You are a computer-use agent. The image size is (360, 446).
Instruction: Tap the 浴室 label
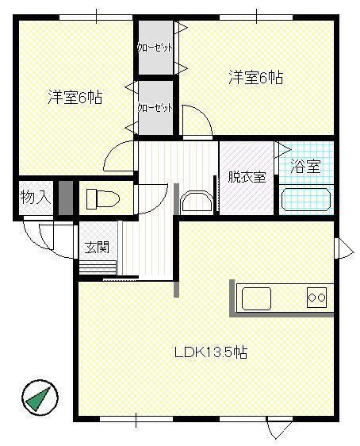(305, 167)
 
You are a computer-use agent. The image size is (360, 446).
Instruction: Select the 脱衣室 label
(246, 177)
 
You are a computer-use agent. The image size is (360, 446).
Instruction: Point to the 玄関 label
(98, 247)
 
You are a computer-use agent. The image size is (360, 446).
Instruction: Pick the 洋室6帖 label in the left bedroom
(75, 98)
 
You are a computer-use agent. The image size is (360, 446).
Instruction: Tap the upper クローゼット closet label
(155, 48)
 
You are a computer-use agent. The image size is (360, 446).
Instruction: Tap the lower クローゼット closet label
(155, 107)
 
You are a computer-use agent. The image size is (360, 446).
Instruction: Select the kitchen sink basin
(262, 298)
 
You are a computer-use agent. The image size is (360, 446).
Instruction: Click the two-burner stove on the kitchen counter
(317, 298)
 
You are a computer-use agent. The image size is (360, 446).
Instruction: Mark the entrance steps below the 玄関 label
(98, 267)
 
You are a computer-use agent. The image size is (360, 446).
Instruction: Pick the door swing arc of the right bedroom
(197, 121)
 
